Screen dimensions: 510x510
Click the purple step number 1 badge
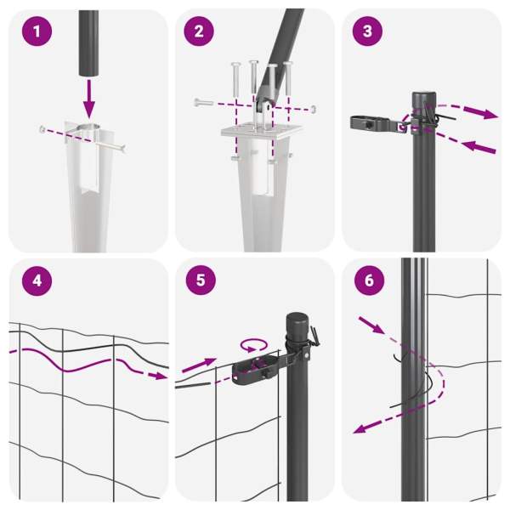click(37, 31)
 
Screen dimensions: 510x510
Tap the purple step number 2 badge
click(199, 31)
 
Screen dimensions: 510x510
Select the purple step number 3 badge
click(367, 31)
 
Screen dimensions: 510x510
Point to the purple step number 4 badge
click(37, 280)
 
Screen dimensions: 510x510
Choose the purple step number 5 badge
click(201, 280)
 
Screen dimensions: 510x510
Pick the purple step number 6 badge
click(369, 280)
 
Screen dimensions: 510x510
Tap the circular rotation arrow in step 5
click(254, 345)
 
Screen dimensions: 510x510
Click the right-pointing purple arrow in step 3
click(480, 112)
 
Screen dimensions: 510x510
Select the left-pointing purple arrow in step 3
click(479, 147)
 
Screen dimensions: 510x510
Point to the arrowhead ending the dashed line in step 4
click(159, 376)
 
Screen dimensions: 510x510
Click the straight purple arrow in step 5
click(199, 365)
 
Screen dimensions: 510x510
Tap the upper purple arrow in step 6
click(371, 326)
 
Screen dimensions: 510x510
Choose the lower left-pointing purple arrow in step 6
click(367, 427)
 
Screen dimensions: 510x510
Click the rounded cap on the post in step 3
click(424, 99)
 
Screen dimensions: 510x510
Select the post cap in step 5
click(297, 321)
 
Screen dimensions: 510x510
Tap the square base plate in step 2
click(262, 131)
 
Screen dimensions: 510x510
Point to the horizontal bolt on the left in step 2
click(204, 103)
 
